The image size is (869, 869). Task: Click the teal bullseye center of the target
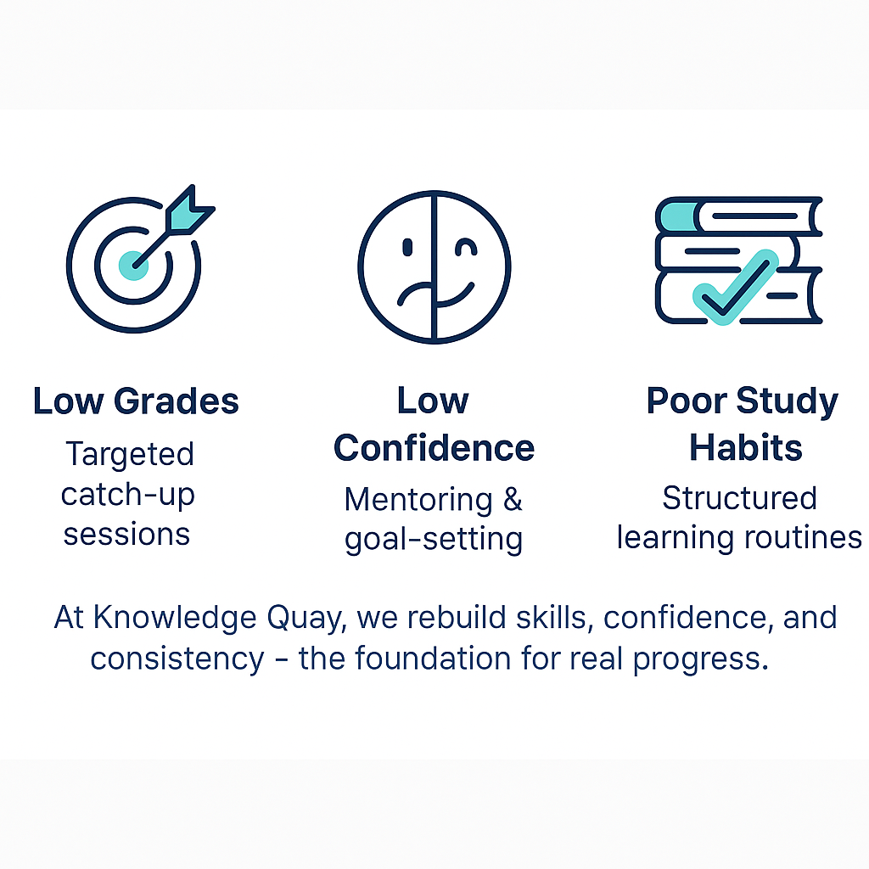133,266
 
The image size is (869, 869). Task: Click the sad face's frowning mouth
415,294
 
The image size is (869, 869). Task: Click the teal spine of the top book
677,216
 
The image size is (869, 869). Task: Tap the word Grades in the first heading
177,401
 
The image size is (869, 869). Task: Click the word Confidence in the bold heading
434,448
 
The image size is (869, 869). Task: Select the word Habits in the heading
745,447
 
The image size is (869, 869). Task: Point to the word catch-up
127,495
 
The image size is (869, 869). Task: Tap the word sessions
127,535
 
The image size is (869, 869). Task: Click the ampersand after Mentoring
513,499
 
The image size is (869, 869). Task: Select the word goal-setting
434,540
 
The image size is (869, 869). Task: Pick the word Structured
739,497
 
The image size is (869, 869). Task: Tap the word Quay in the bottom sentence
306,619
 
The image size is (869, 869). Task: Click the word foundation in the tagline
433,659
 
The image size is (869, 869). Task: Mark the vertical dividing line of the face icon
434,266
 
